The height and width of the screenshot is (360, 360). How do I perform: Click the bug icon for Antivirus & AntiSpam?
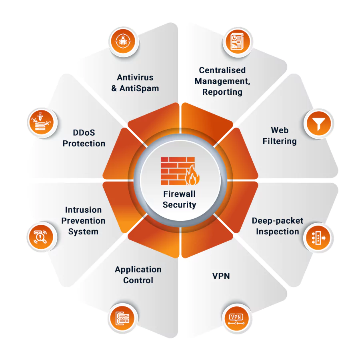coord(124,41)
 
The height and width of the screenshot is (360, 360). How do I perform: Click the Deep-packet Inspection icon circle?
coord(318,238)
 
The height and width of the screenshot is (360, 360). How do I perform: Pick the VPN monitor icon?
coord(236,318)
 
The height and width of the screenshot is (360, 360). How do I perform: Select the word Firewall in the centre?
coord(179,194)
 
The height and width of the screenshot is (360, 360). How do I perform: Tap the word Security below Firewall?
coord(179,205)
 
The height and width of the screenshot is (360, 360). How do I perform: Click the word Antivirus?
coord(135,77)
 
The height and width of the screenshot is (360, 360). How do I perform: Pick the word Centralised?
coord(222,70)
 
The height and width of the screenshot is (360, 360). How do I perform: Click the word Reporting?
coord(222,92)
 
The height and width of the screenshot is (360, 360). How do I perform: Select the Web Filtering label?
coord(280,136)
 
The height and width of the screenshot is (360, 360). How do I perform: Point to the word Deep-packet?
coord(278,221)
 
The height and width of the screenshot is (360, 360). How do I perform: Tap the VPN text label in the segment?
coord(221,276)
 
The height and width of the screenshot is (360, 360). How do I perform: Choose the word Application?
coord(138,270)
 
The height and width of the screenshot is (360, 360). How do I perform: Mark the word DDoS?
coord(84,132)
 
